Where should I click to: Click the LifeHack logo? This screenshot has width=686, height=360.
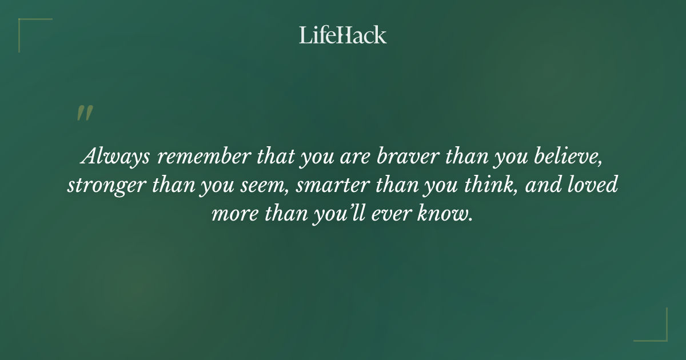(343, 35)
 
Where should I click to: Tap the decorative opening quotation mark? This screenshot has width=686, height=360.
(85, 113)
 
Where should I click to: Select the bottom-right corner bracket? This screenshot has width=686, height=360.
(657, 331)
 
